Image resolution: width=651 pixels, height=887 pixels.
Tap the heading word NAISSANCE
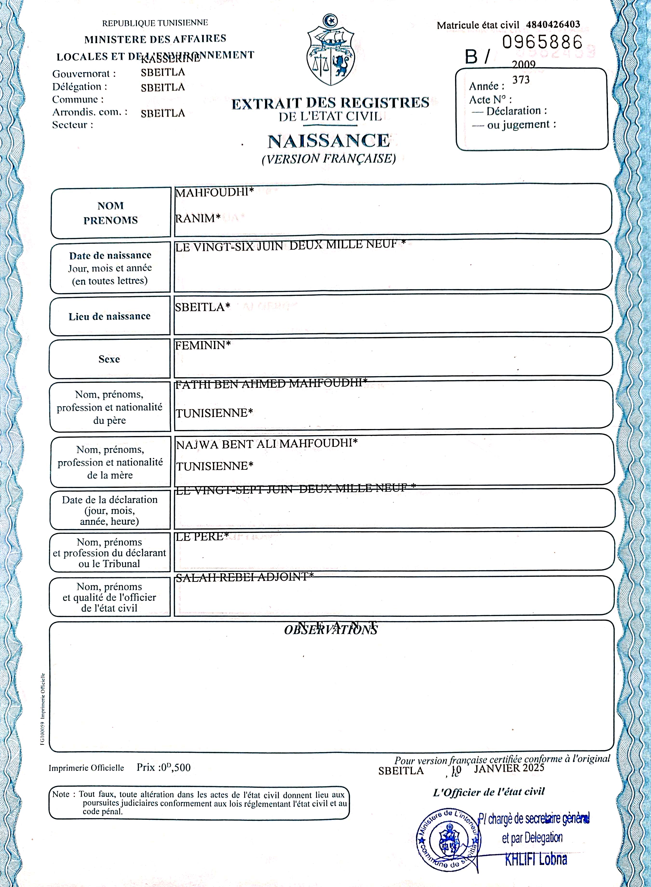(329, 141)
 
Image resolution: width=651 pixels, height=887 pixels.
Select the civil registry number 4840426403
(553, 24)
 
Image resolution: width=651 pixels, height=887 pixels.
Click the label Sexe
(109, 359)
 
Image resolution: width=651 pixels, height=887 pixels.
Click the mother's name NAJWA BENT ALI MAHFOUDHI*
(266, 444)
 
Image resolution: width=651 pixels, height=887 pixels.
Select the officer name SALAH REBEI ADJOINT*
(244, 577)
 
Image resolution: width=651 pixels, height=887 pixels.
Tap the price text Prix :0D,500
(164, 767)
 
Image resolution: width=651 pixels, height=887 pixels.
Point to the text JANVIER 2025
(509, 768)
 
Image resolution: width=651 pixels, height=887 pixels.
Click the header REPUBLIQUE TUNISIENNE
(155, 23)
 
